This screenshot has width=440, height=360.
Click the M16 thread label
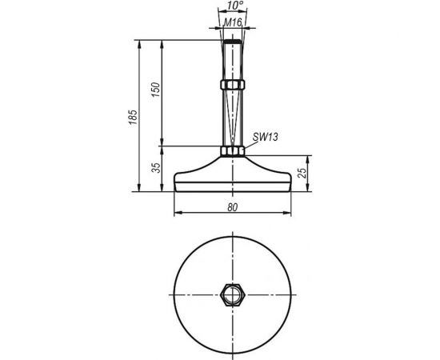(232, 22)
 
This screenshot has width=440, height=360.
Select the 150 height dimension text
(157, 90)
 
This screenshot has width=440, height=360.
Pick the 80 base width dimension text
(231, 206)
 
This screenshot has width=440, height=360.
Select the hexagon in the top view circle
(231, 294)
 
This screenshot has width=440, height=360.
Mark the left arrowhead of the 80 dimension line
(177, 213)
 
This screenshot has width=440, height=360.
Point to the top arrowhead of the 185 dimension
(141, 40)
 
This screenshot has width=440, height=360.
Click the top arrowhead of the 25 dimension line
(307, 160)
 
